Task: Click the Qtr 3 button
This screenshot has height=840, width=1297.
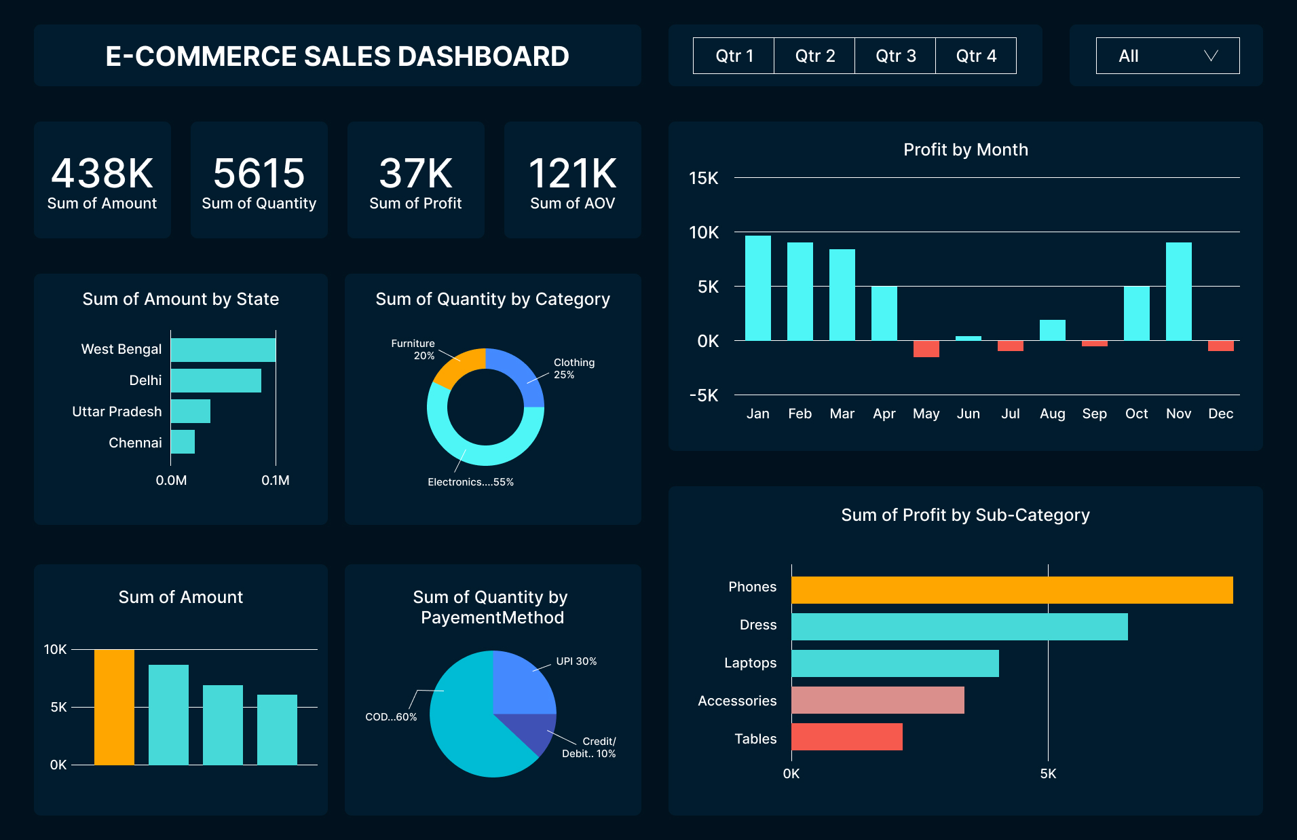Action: point(895,56)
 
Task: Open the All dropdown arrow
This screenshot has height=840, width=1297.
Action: point(1211,56)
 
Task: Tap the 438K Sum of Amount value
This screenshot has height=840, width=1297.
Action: point(102,174)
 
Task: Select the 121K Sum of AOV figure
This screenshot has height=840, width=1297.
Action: point(572,174)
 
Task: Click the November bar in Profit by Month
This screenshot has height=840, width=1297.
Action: point(1178,291)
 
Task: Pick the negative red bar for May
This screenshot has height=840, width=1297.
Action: point(926,348)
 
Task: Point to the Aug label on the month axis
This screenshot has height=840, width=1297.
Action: point(1052,414)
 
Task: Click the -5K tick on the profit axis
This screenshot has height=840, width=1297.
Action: point(703,395)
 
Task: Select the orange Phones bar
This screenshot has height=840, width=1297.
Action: point(1011,590)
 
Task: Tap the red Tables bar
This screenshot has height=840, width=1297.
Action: point(846,737)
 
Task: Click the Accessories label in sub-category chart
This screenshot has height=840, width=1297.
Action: point(736,701)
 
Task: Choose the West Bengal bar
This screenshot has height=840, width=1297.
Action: point(223,350)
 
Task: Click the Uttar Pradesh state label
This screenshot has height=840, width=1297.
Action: point(117,412)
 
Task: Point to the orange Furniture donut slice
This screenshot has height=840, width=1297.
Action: point(456,365)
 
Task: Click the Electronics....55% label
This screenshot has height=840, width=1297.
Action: point(470,482)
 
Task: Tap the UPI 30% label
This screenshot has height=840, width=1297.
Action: point(576,661)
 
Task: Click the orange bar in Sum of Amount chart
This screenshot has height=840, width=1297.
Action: point(114,707)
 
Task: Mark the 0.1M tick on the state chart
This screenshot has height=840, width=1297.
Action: point(275,480)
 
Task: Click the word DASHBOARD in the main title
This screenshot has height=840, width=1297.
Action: point(483,56)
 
